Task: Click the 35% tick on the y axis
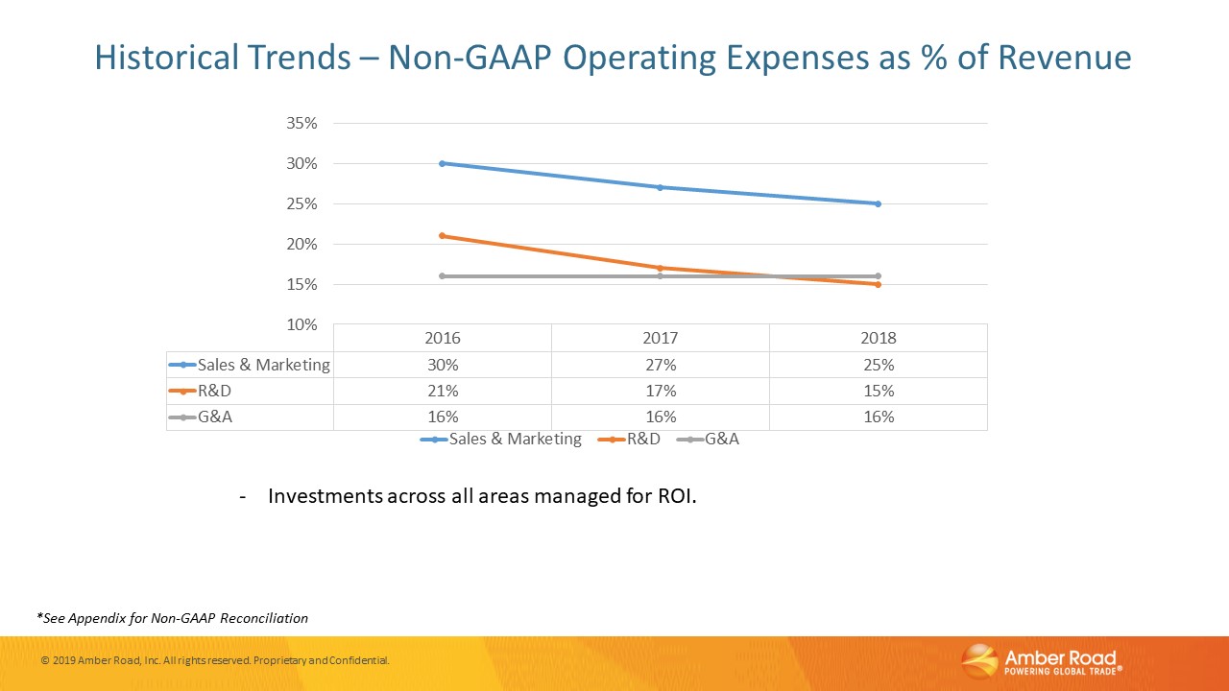point(301,124)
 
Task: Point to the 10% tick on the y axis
point(301,325)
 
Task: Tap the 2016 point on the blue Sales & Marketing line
point(443,163)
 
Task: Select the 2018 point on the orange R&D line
point(878,284)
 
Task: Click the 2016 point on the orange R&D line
point(443,236)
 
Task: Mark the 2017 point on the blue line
point(661,187)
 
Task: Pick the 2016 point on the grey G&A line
point(443,276)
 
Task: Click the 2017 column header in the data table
point(661,339)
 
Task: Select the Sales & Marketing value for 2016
point(443,365)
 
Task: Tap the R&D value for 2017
point(661,391)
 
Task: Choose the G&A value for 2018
point(878,417)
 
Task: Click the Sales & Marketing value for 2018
point(878,365)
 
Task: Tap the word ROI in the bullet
point(673,497)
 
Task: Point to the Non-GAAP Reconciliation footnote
point(173,618)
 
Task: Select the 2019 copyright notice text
point(215,661)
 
